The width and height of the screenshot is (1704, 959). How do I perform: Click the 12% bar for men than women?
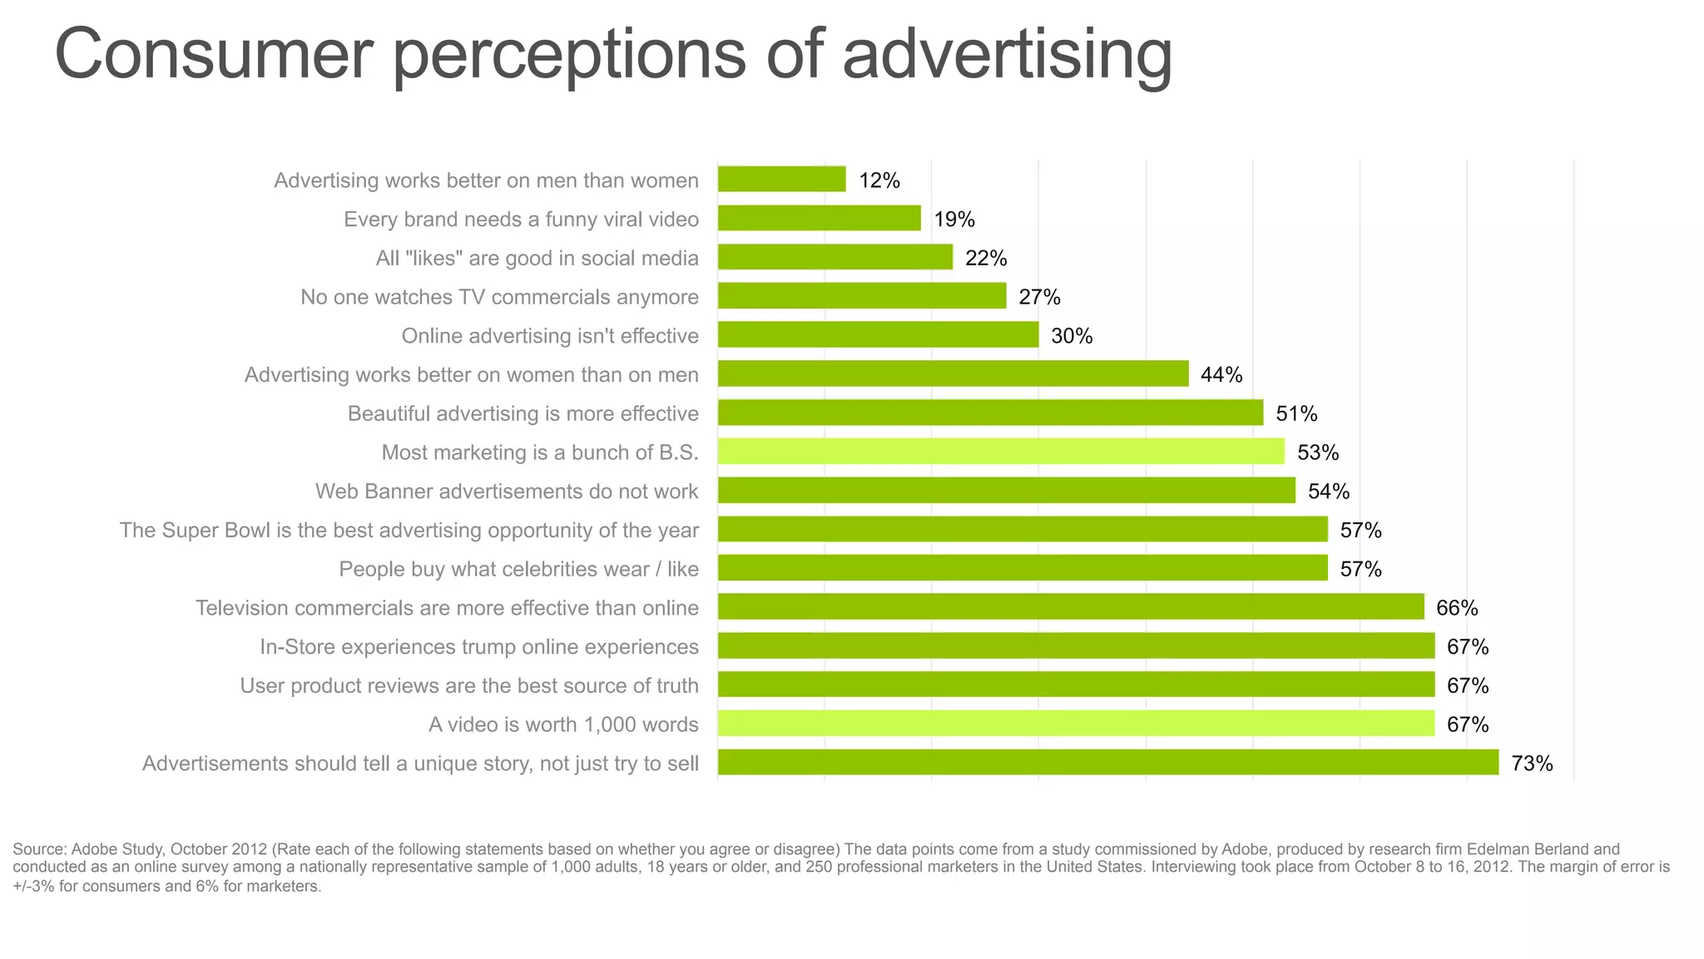[781, 180]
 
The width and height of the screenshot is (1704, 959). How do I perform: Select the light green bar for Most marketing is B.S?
[1001, 452]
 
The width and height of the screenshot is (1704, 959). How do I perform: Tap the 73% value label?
[1532, 764]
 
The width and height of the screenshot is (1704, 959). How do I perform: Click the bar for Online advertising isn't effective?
[878, 335]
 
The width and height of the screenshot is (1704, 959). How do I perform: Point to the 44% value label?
[1221, 375]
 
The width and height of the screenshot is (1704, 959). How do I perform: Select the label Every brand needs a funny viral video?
[521, 220]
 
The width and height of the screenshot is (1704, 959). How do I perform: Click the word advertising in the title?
[1007, 55]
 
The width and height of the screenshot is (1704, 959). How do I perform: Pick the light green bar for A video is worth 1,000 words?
[1076, 724]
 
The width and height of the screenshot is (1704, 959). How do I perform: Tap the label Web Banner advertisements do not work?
[507, 492]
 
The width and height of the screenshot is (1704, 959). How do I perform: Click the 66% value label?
[1457, 608]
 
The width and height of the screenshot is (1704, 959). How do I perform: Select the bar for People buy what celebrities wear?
[1023, 569]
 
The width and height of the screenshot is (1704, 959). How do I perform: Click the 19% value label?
[954, 220]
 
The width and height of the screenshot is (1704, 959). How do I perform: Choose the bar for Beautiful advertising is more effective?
[990, 413]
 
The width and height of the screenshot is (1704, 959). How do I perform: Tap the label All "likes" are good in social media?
[537, 259]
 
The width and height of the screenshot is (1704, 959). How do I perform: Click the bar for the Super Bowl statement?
[1023, 530]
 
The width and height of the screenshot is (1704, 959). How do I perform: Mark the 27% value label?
[1039, 297]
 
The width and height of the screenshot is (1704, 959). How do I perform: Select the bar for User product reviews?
[1076, 685]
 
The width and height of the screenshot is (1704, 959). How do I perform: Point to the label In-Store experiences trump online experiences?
[479, 647]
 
